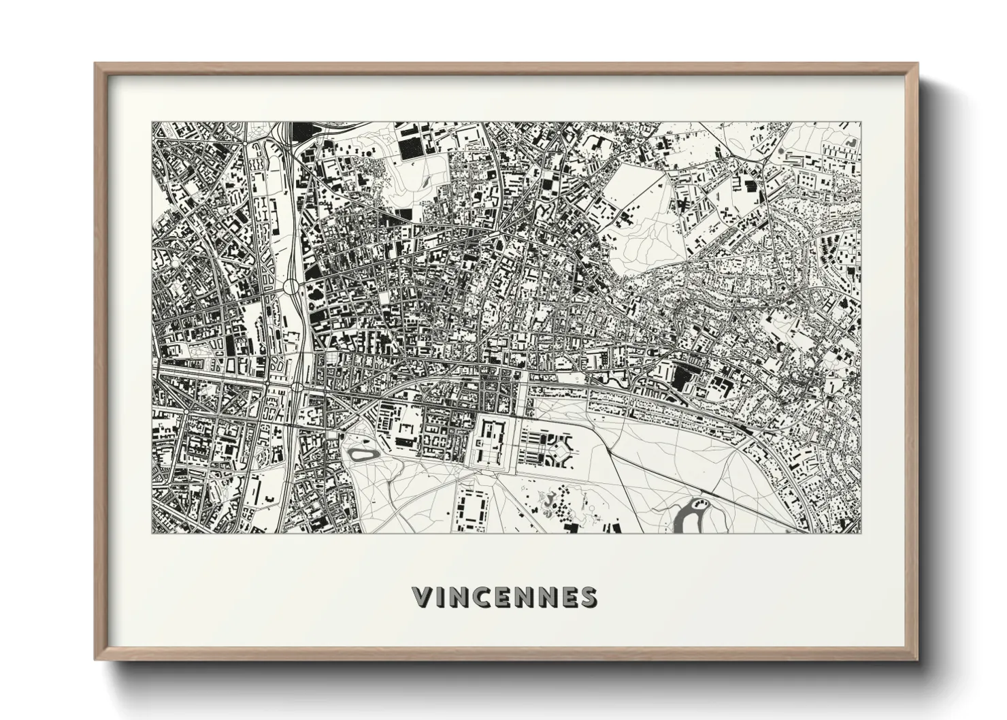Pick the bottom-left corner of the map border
click(152, 533)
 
